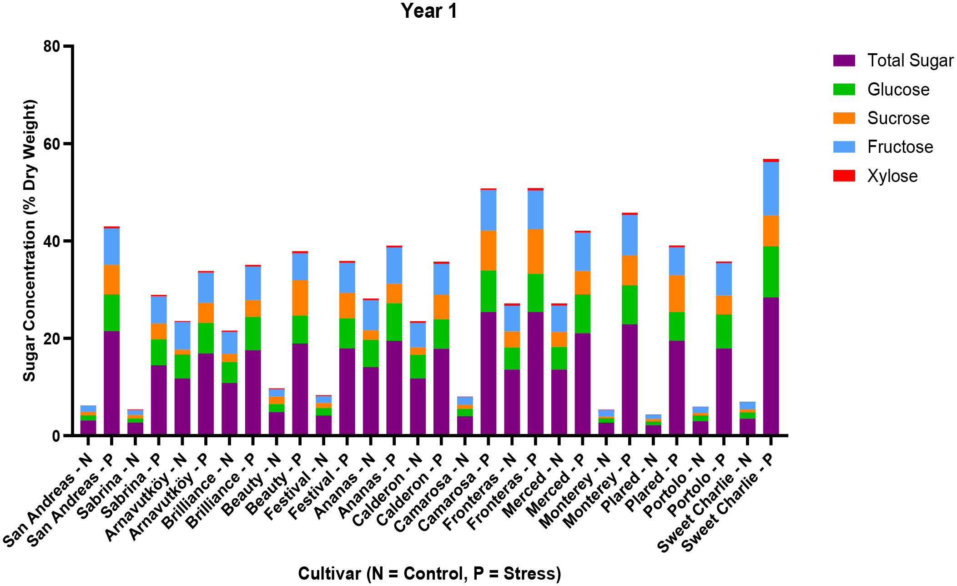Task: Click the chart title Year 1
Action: click(x=428, y=11)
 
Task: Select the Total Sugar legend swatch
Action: click(x=844, y=61)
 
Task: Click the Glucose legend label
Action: click(x=898, y=90)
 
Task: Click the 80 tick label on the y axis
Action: click(x=52, y=46)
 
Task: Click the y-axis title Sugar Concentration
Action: click(x=30, y=240)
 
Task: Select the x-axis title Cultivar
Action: click(x=429, y=573)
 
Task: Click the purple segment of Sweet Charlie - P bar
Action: click(x=771, y=366)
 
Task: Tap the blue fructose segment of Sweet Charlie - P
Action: click(x=771, y=188)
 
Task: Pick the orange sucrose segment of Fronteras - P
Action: click(x=535, y=251)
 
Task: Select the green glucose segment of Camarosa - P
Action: click(x=488, y=291)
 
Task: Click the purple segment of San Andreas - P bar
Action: click(x=111, y=383)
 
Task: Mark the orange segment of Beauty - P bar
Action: click(x=300, y=298)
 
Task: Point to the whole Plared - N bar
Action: click(x=653, y=425)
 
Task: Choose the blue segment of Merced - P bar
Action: click(x=582, y=252)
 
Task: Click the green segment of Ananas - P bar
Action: click(x=394, y=322)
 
